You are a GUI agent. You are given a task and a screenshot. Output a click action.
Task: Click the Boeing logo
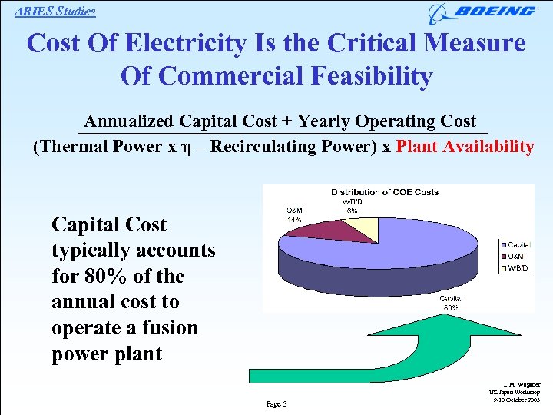[x=482, y=12]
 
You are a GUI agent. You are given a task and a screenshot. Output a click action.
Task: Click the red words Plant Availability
[x=465, y=147]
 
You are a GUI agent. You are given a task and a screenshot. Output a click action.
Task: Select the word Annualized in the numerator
[x=129, y=121]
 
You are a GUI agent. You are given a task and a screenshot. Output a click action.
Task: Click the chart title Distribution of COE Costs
[x=385, y=191]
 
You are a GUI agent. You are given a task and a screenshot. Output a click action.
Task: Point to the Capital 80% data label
[x=451, y=303]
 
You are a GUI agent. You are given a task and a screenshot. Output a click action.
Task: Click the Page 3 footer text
[x=276, y=403]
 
